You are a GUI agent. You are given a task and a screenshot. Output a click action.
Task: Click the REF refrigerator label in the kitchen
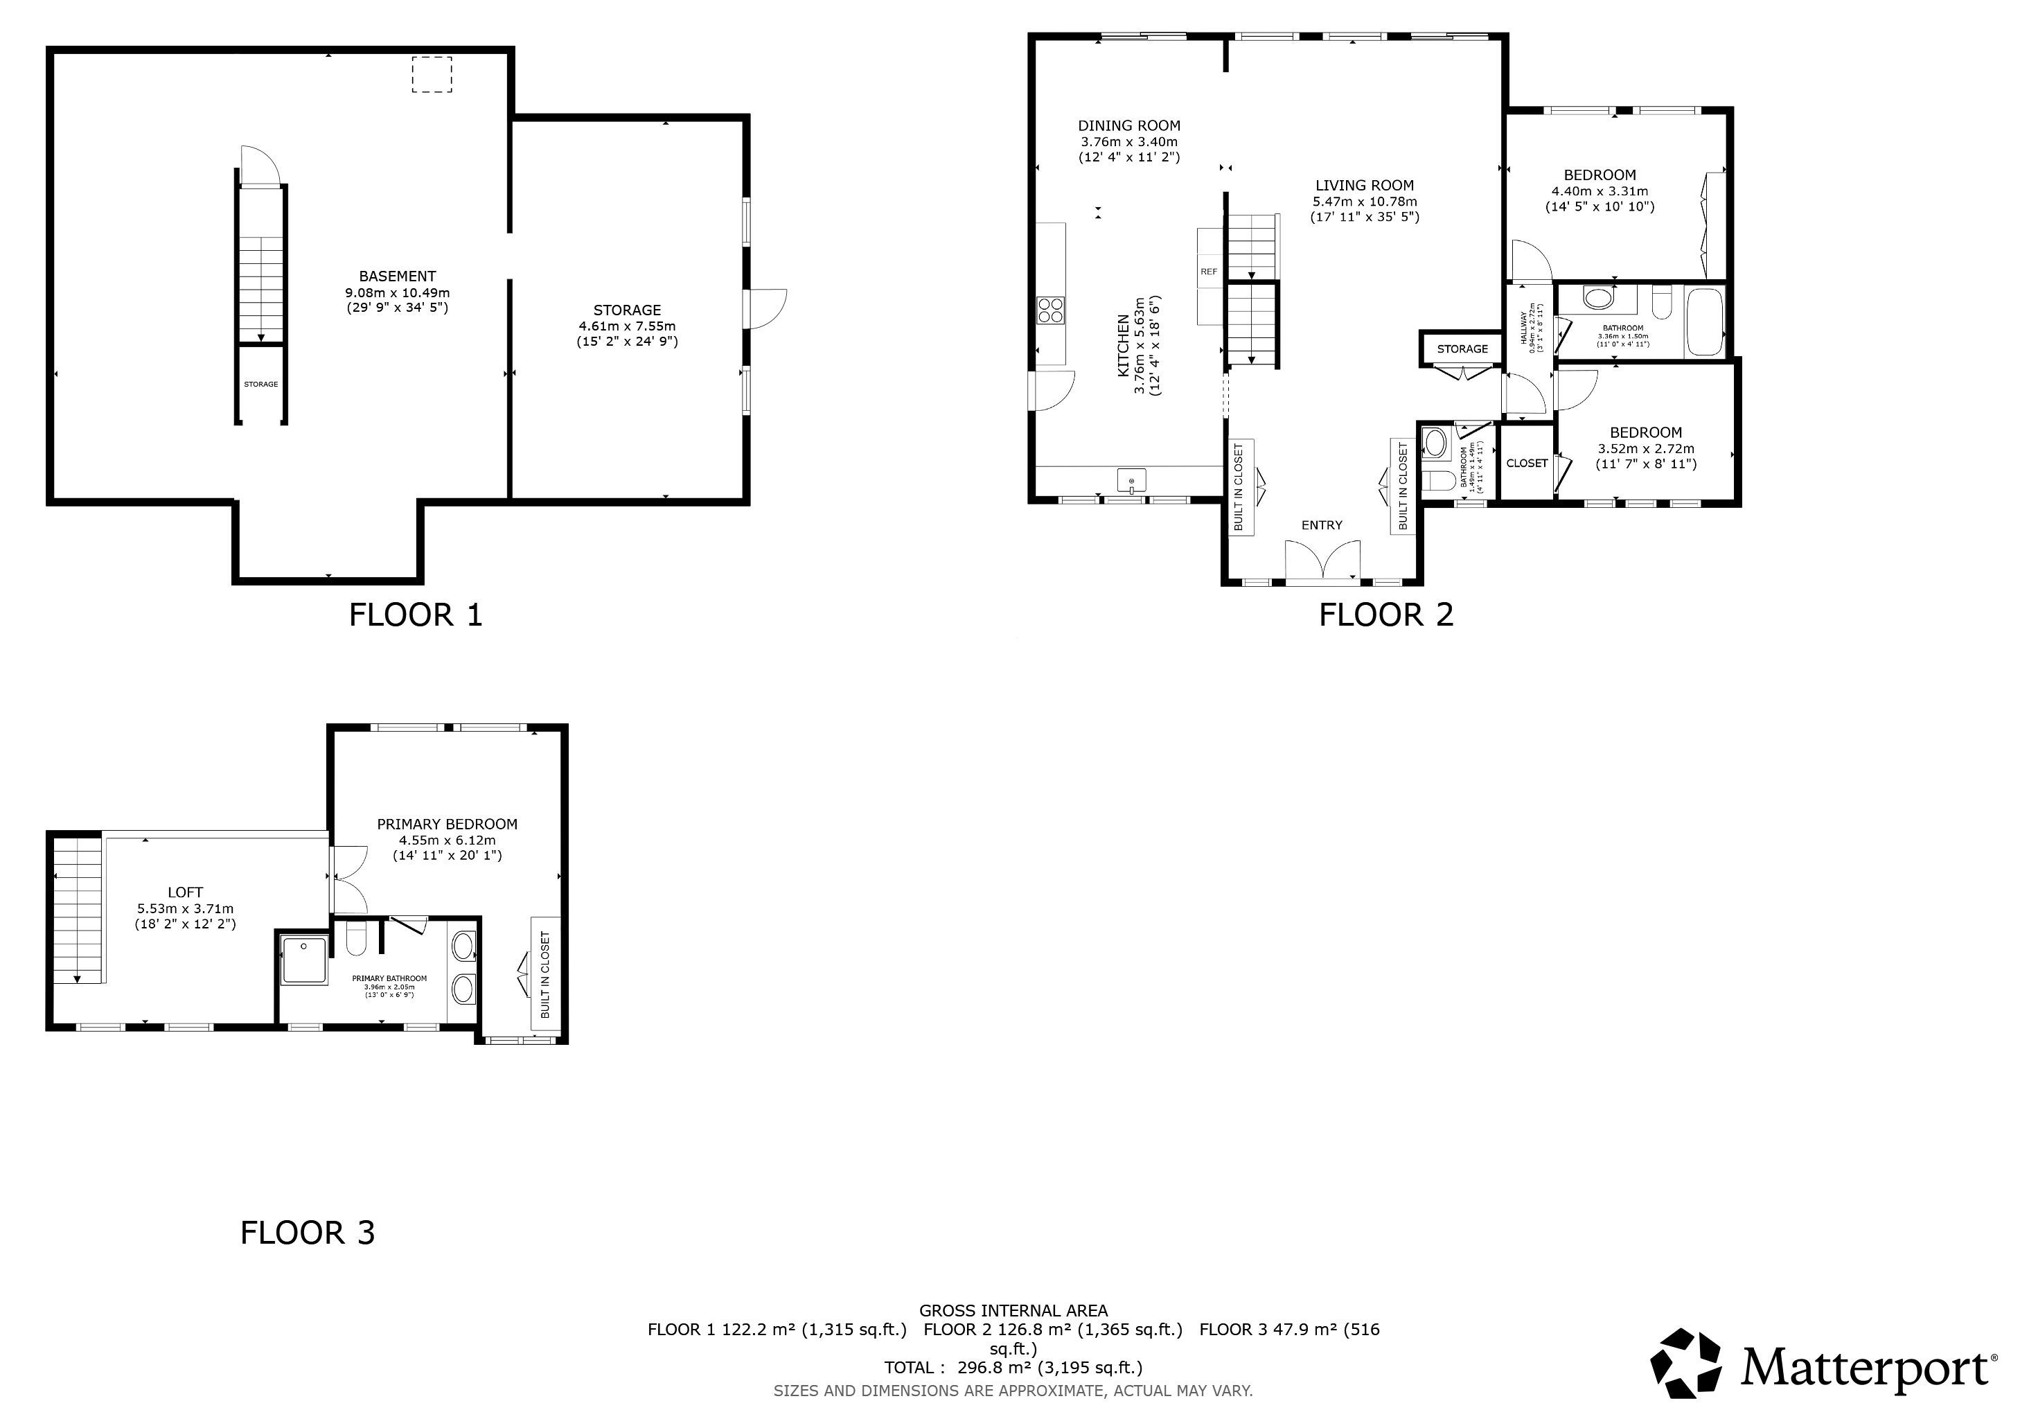tap(1209, 272)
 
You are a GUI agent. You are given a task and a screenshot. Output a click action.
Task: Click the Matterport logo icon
tap(1685, 1364)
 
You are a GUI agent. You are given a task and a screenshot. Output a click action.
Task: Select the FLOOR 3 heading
tap(308, 1233)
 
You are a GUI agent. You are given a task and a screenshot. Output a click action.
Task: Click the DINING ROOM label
tap(1130, 126)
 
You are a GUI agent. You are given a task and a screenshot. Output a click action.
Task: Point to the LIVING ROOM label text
tap(1365, 186)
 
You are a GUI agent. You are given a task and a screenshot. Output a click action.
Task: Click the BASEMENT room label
tap(398, 276)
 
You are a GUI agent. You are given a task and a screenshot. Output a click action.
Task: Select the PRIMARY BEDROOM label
tap(447, 825)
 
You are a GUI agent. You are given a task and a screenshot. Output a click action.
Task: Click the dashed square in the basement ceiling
tap(431, 75)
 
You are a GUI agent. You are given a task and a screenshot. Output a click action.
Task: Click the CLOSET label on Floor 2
tap(1527, 464)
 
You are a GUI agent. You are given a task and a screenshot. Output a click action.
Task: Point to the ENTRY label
tap(1322, 525)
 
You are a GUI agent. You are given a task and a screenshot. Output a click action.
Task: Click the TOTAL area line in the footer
tap(1013, 1367)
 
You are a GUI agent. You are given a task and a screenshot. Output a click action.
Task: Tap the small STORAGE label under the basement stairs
tap(261, 385)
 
